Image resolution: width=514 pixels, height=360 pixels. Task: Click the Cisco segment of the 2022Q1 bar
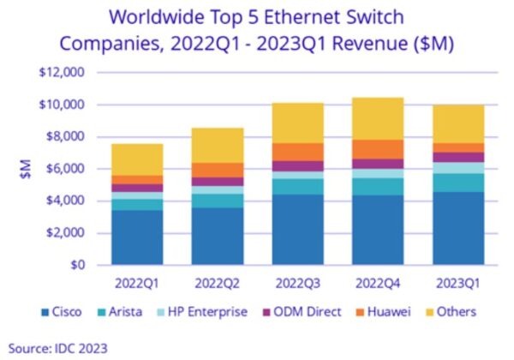tap(138, 237)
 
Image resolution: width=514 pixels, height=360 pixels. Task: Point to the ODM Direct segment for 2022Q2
tap(218, 182)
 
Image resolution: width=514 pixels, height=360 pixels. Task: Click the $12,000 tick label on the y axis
tap(61, 73)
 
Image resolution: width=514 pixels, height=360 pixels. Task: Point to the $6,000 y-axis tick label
tap(63, 169)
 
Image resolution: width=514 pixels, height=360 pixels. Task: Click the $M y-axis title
tap(26, 170)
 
